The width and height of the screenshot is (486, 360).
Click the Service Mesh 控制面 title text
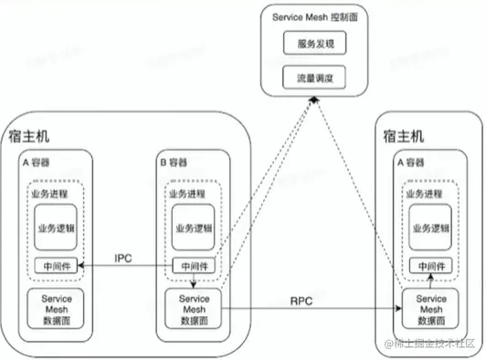pos(313,18)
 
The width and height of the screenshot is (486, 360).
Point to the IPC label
pos(125,258)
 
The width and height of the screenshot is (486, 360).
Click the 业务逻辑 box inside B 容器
pos(194,227)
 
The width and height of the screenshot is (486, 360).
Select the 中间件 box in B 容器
pos(194,266)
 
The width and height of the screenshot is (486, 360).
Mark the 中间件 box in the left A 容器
pos(56,266)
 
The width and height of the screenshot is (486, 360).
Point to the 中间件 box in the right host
pos(430,266)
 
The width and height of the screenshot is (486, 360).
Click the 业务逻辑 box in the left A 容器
pos(56,227)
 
